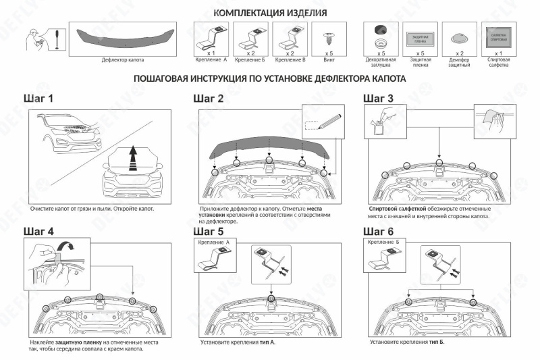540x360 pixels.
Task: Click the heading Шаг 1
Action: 38,99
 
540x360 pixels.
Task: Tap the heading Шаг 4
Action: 38,231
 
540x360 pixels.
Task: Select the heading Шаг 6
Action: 379,231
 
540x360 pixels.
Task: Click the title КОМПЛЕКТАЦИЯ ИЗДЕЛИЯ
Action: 270,13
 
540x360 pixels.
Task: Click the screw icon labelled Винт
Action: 329,35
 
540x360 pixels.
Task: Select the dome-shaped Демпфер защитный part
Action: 460,38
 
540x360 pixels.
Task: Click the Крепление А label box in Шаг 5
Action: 213,242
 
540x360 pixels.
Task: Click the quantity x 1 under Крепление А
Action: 211,52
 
